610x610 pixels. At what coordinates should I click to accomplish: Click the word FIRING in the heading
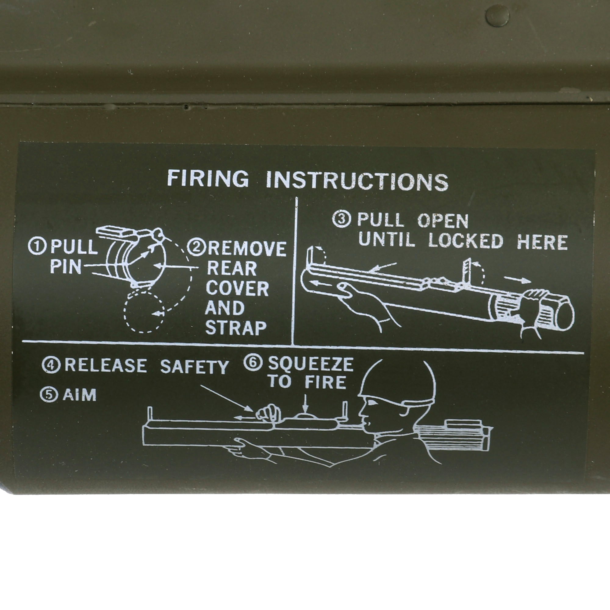(x=208, y=179)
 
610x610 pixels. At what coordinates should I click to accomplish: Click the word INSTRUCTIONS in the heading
(x=357, y=181)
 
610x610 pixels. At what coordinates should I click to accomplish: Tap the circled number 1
(x=38, y=246)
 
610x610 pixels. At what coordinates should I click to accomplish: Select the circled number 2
(x=196, y=248)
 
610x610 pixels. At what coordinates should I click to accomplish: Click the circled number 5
(x=49, y=395)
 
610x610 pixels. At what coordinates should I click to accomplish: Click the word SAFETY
(x=194, y=367)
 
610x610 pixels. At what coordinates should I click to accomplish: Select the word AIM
(x=80, y=395)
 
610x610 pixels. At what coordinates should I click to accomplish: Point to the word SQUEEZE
(x=311, y=364)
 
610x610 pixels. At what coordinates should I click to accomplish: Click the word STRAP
(x=236, y=328)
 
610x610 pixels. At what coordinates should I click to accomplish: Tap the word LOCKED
(x=466, y=241)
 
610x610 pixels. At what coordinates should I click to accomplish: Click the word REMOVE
(x=247, y=249)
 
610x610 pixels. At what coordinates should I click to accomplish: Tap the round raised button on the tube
(x=497, y=16)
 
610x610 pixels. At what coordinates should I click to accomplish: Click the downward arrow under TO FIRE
(x=305, y=403)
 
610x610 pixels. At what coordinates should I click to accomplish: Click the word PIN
(x=66, y=267)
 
